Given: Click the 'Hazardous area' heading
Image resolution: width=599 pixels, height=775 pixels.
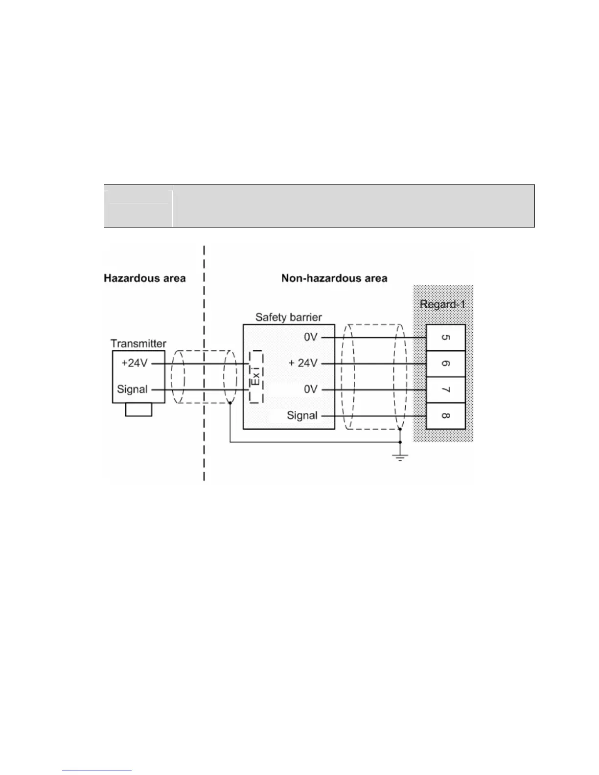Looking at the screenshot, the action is pos(145,278).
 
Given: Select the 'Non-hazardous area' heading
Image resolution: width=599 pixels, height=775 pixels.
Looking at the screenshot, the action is pos(334,278).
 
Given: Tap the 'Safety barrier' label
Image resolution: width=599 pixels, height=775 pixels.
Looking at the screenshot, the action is pos(288,317).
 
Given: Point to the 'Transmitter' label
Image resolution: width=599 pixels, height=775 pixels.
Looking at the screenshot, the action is pos(138,343).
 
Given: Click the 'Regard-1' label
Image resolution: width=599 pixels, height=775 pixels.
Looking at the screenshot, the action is pos(442,304).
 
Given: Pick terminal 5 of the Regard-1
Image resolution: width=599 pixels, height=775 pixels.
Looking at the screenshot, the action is pos(445,338).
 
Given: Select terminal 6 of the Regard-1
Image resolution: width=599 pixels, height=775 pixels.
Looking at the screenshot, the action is pos(445,364).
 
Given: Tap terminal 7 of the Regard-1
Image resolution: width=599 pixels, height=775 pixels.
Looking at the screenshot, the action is pos(445,390).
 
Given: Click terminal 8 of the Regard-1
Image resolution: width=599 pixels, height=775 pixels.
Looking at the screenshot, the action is pos(445,416).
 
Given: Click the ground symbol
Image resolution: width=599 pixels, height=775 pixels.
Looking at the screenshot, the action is pos(400,457).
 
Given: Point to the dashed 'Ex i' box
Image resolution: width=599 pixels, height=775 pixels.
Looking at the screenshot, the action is pos(255,376).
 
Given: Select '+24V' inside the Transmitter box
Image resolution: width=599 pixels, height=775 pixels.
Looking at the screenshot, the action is pos(134,364).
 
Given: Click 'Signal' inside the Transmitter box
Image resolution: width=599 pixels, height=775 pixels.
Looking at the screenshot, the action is pos(132,389).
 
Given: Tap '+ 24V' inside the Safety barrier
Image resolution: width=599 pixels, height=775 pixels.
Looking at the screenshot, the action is pos(303,364).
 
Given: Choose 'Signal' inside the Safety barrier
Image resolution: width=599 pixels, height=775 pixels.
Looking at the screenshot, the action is pos(302,415).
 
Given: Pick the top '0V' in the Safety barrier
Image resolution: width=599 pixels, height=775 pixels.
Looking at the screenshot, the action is pos(311,338).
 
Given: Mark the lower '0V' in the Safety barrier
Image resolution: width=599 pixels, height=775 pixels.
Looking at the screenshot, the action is pos(311,389).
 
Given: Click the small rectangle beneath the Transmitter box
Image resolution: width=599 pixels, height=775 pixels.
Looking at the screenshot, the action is pos(138,410).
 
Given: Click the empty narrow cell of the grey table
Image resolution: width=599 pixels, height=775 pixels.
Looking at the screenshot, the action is pos(138,206).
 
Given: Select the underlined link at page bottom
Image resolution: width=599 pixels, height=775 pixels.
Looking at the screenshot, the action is pos(97,771).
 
